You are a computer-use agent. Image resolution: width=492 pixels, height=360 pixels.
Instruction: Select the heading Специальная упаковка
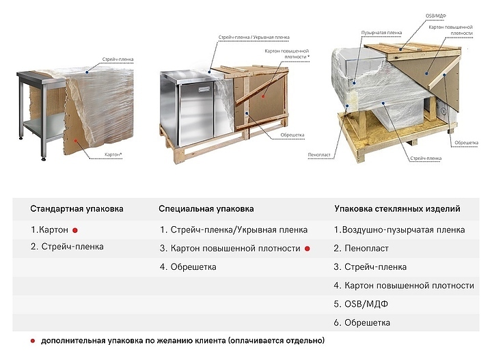[206, 208]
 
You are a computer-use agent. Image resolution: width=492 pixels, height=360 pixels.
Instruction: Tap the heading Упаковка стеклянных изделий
[396, 208]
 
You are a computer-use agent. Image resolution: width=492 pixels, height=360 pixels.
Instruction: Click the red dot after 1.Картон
[76, 230]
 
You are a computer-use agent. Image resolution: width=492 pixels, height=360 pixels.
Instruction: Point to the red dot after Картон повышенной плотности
[308, 249]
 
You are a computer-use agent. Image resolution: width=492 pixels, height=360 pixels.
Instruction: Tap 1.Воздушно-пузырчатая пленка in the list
[399, 230]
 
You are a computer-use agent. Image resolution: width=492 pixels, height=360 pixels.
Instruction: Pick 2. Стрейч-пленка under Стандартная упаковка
[67, 247]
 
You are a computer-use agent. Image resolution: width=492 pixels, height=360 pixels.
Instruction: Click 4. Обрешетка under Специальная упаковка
[188, 267]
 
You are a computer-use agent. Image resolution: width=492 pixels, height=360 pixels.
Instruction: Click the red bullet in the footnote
[33, 340]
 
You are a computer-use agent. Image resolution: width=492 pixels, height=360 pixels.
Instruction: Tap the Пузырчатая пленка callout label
[375, 32]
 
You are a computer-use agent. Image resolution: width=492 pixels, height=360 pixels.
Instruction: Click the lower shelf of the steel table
[41, 126]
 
